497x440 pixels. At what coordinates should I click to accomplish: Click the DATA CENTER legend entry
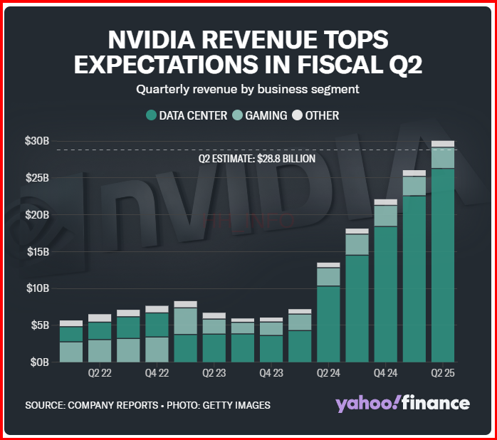(x=187, y=115)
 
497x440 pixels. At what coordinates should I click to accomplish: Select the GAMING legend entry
(x=261, y=115)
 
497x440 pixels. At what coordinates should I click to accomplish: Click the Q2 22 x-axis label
(x=100, y=372)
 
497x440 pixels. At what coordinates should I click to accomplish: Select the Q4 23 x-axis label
(x=271, y=372)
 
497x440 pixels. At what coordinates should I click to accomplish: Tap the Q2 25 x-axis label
(x=443, y=372)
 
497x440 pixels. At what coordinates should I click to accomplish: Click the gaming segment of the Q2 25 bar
(x=443, y=158)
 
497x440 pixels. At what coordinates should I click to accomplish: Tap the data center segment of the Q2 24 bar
(x=328, y=324)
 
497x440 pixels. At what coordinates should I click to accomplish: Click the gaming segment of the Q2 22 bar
(x=100, y=351)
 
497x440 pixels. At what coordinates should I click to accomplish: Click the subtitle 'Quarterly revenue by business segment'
(x=248, y=90)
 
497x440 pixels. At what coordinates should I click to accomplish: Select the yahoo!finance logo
(x=402, y=403)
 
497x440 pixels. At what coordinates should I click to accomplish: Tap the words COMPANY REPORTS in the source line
(x=114, y=405)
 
